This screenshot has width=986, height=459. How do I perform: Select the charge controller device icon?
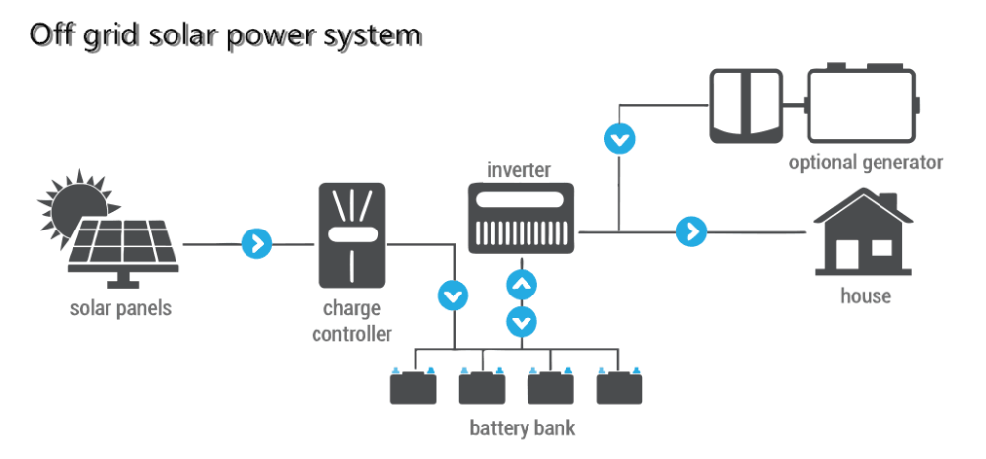tap(352, 234)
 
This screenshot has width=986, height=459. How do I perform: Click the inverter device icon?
tap(522, 219)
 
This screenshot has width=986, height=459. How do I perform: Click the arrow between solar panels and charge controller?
tap(257, 243)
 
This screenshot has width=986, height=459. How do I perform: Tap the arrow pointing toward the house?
tap(692, 231)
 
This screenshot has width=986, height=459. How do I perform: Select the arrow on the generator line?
tap(620, 139)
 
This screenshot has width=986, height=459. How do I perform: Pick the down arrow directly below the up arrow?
tap(522, 323)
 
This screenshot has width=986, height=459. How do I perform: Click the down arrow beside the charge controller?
tap(454, 295)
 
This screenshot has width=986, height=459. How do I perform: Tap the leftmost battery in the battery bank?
tap(413, 386)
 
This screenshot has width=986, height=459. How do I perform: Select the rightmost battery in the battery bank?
tap(619, 386)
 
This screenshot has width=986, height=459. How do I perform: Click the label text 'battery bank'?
tap(523, 428)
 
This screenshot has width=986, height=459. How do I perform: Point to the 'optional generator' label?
tap(866, 163)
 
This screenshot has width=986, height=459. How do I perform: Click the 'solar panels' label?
tap(120, 309)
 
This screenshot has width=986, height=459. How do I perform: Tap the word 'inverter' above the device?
tap(520, 169)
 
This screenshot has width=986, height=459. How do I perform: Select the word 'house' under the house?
tap(866, 295)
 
